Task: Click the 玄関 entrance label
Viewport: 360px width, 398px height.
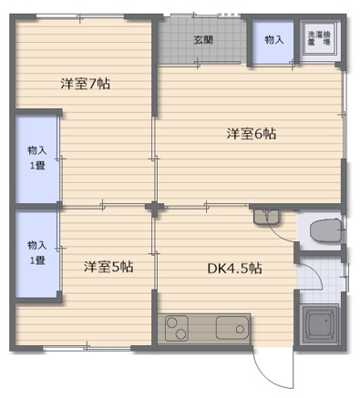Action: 203,40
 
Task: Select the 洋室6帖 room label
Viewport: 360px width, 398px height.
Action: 251,134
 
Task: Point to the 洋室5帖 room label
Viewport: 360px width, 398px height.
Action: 108,267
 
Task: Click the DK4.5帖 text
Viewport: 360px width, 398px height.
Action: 234,269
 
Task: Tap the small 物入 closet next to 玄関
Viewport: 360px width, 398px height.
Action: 274,41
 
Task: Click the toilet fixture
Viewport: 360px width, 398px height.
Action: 324,230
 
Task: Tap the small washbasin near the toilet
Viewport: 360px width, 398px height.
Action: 267,217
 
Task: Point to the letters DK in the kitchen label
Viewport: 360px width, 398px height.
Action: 215,269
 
